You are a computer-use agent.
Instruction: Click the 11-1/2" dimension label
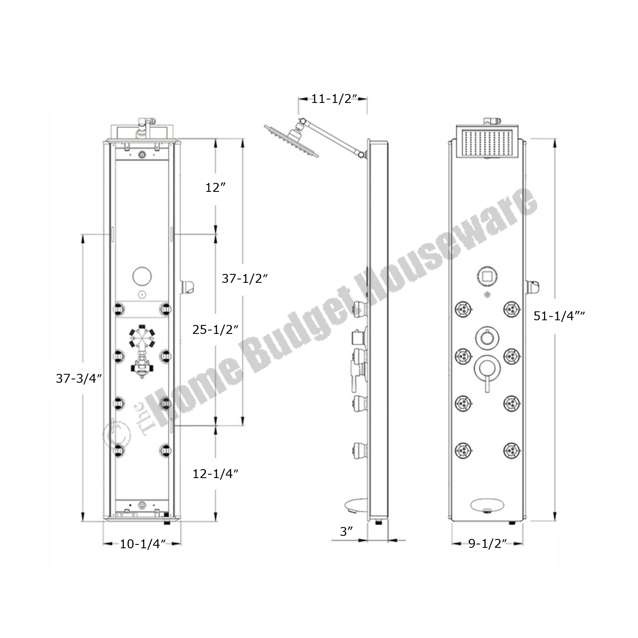[333, 99]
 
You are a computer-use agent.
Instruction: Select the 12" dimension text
[215, 187]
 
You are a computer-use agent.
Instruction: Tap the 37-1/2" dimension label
[245, 279]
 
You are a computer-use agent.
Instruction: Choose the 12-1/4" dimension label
[215, 473]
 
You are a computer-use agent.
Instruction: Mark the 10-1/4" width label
[142, 544]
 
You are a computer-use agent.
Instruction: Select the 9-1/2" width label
[488, 544]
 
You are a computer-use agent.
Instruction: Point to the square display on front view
[487, 277]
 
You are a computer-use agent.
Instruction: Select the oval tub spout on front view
[487, 505]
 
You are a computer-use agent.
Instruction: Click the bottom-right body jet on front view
[512, 450]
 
